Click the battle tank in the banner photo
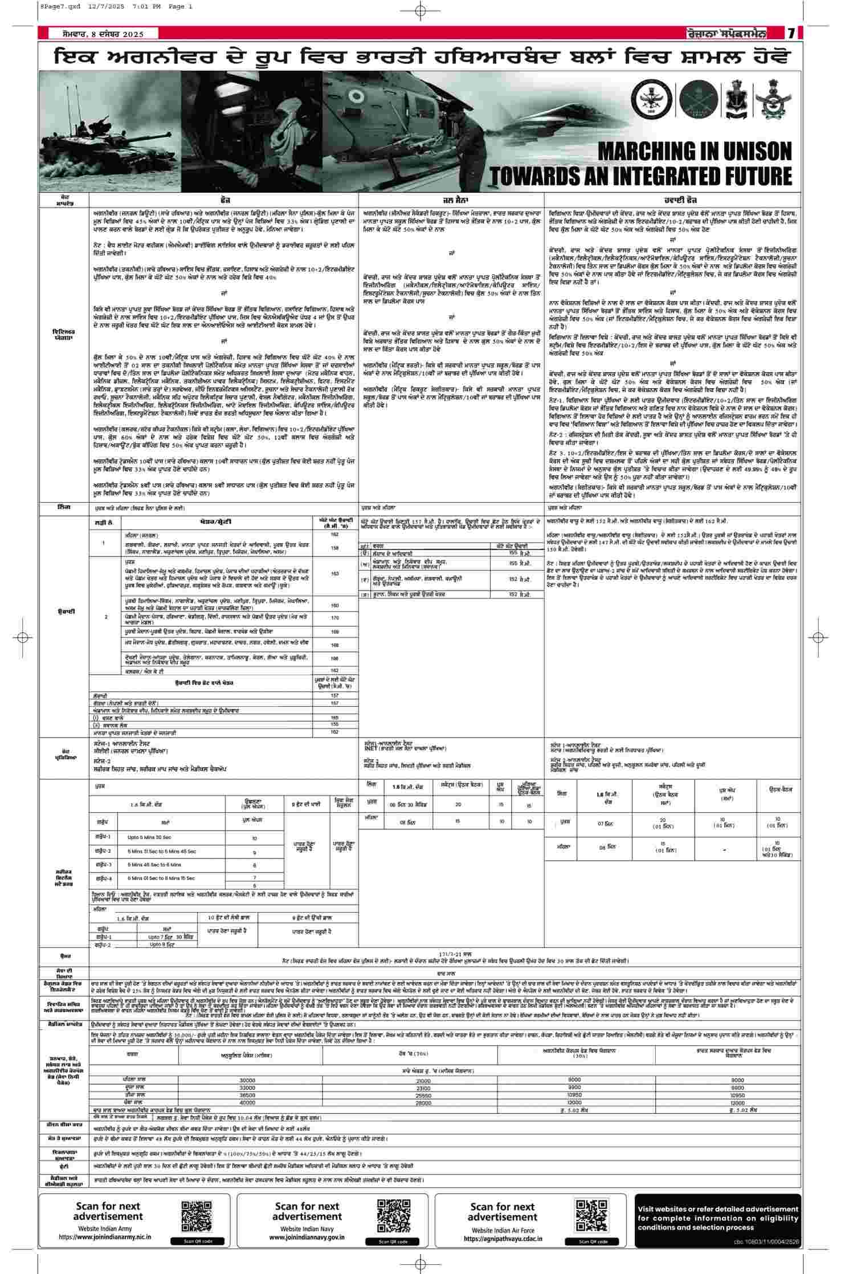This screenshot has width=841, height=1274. coord(80,131)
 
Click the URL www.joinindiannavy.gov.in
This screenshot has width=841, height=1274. coord(307,1238)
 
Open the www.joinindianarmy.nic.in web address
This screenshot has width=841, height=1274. coord(108,1238)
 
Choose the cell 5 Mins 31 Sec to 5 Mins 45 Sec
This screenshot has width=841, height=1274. coord(162,851)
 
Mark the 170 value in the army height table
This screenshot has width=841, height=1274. coord(335,618)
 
